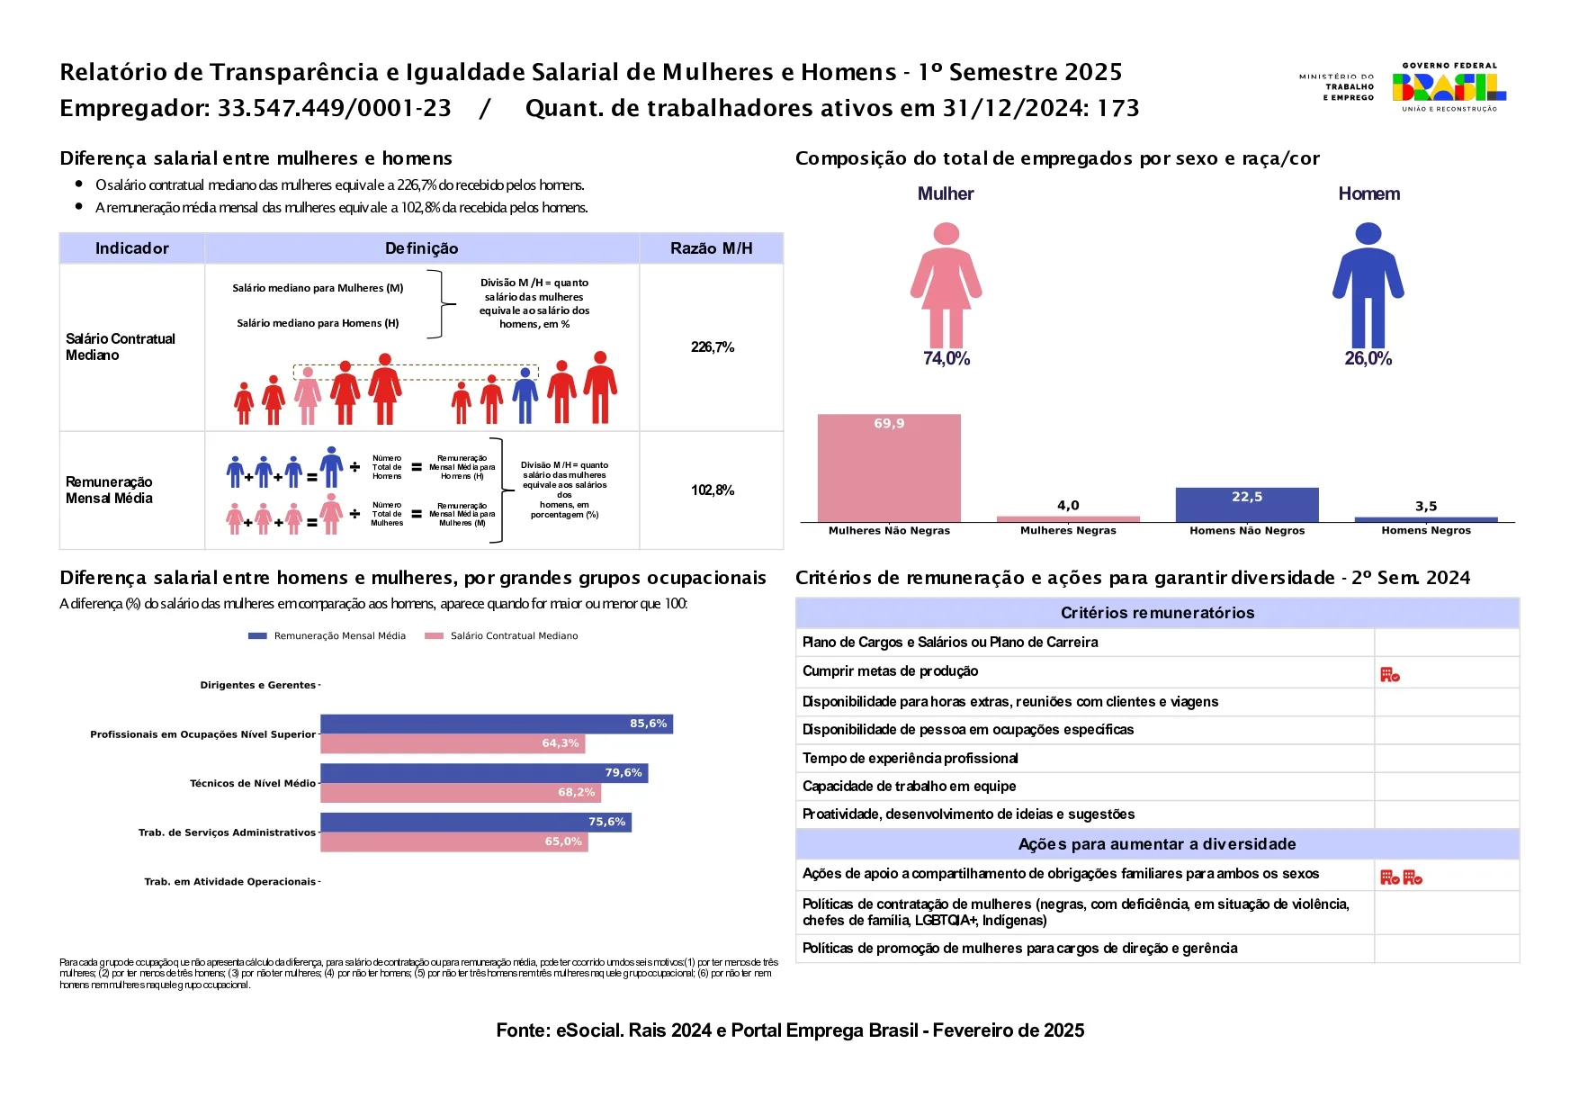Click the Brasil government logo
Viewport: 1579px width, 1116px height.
click(x=1448, y=87)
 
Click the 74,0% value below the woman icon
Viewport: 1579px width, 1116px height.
click(x=946, y=359)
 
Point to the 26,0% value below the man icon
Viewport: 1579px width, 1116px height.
click(x=1368, y=359)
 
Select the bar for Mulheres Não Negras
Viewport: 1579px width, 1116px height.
click(x=889, y=468)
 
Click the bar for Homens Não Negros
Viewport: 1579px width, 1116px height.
click(x=1246, y=505)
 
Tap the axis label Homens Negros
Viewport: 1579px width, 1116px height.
click(x=1426, y=531)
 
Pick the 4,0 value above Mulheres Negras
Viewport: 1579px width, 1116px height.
click(x=1068, y=506)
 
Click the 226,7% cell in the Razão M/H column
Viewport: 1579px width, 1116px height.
click(x=713, y=347)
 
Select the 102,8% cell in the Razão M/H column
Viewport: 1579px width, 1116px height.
click(x=713, y=490)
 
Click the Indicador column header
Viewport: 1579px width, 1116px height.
click(x=132, y=248)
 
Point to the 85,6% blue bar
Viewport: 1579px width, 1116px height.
click(x=496, y=724)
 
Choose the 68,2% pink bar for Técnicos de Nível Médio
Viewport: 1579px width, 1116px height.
click(x=460, y=793)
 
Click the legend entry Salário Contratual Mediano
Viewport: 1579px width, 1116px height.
click(x=514, y=636)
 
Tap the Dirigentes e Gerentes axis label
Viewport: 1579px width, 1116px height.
click(x=257, y=686)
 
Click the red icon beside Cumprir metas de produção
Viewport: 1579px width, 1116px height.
click(x=1390, y=674)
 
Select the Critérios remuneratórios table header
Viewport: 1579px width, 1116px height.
click(x=1157, y=613)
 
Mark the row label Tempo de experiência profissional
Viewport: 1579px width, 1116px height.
click(x=910, y=759)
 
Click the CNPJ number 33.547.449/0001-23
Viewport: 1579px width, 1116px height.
click(x=334, y=109)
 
